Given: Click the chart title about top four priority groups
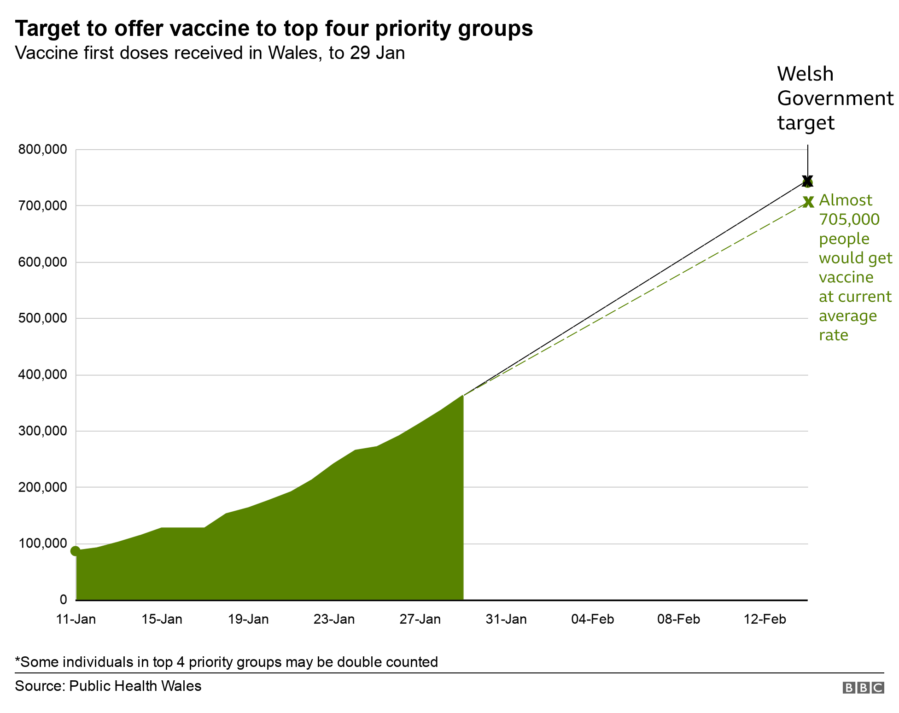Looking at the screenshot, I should (x=274, y=29).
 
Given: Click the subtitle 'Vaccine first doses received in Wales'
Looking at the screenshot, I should (x=210, y=53).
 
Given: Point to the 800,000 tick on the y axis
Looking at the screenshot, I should (x=42, y=149).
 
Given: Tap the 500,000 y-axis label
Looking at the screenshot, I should (x=42, y=318).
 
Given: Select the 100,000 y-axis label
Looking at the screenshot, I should (x=42, y=544).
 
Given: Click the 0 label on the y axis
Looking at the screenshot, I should (x=63, y=600).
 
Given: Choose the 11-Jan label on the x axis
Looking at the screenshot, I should (x=76, y=619).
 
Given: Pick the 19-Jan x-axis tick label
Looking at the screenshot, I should (x=248, y=619).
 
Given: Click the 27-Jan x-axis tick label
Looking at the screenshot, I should (x=420, y=619).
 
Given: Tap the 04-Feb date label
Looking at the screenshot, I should (x=592, y=619).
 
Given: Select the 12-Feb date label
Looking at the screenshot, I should (x=765, y=619).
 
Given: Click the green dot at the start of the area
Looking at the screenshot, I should (x=76, y=551).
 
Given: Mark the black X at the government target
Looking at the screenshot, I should (x=807, y=181).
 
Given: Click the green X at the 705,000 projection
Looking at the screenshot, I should (x=808, y=202).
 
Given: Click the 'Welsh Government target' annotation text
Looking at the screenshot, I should (x=835, y=98).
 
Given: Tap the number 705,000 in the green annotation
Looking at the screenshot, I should (x=849, y=219).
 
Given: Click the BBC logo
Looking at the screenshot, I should (x=863, y=688).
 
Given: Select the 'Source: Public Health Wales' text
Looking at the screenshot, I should (x=108, y=686).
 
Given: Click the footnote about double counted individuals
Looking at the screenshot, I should (x=226, y=662).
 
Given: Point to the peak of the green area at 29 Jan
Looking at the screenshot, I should (x=462, y=396).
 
